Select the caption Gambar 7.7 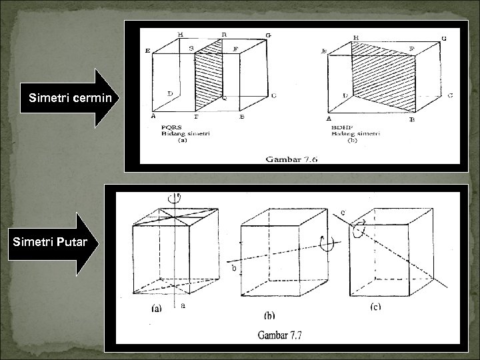pyautogui.click(x=279, y=335)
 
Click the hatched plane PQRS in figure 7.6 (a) pyautogui.click(x=209, y=75)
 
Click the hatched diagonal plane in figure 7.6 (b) pyautogui.click(x=383, y=75)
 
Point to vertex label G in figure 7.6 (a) pyautogui.click(x=268, y=35)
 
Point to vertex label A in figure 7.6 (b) pyautogui.click(x=329, y=117)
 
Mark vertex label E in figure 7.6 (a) pyautogui.click(x=147, y=51)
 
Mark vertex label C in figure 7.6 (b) pyautogui.click(x=450, y=95)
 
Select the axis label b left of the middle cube pyautogui.click(x=233, y=269)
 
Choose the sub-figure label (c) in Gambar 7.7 pyautogui.click(x=375, y=307)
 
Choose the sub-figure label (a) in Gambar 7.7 pyautogui.click(x=156, y=308)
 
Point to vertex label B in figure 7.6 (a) pyautogui.click(x=241, y=117)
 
